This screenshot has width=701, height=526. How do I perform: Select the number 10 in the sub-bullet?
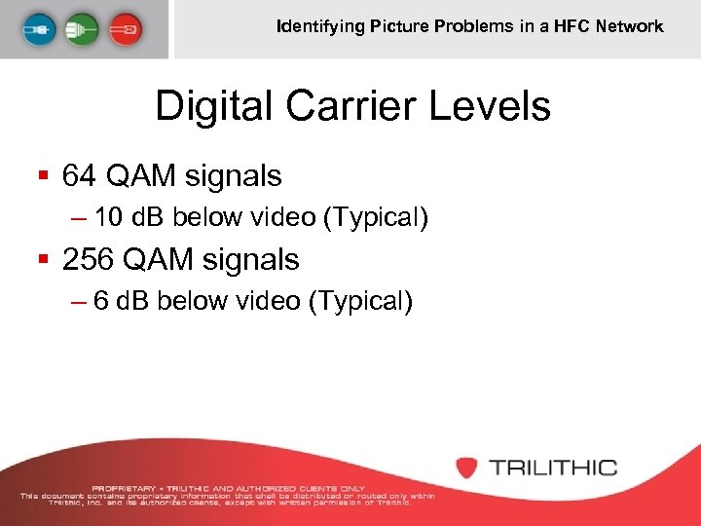click(x=110, y=218)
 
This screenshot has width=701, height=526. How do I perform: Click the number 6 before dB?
click(x=101, y=302)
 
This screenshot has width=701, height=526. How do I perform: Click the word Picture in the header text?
click(x=397, y=26)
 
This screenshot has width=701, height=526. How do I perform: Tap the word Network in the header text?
click(x=631, y=26)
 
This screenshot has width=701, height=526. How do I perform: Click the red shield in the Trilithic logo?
click(x=467, y=467)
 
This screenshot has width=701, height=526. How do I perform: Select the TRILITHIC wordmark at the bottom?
click(x=553, y=468)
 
